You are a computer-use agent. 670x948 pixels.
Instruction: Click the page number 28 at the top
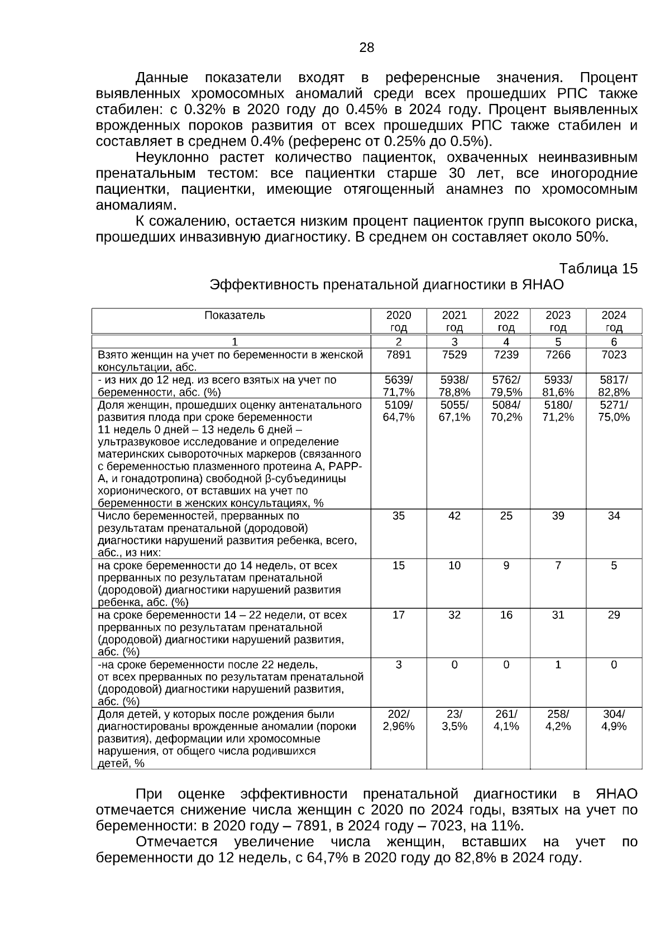pos(366,47)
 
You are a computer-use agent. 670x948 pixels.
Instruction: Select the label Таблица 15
pos(598,269)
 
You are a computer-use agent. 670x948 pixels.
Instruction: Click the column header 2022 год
pos(506,321)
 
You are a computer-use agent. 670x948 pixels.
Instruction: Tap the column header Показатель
pos(234,316)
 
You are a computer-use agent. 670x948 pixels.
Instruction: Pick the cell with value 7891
pos(398,355)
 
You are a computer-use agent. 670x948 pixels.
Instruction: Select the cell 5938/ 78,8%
pos(454,385)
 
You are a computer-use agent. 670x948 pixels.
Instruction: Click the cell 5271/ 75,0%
pos(614,411)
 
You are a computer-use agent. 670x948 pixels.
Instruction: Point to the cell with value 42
pos(454,516)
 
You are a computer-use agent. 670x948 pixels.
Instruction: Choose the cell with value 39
pos(558,516)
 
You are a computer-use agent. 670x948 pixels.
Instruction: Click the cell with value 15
pos(398,566)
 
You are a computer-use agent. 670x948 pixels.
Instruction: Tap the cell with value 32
pos(454,615)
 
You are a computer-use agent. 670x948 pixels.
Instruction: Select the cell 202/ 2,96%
pos(398,720)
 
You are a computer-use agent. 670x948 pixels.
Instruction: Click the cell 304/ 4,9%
pos(614,720)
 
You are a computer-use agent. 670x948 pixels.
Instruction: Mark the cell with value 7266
pos(558,355)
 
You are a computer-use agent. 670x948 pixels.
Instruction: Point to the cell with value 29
pos(614,615)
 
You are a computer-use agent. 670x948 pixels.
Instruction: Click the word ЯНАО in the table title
pos(543,285)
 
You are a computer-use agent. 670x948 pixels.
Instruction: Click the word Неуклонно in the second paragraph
pos(173,157)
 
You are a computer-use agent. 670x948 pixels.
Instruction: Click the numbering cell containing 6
pos(614,342)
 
